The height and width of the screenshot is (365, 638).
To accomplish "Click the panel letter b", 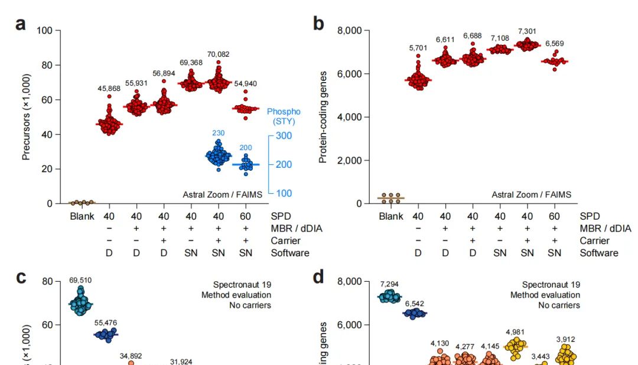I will click(318, 24).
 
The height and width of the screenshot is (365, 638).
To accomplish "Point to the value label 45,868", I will click(109, 89).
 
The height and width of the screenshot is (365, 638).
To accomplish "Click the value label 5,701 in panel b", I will click(418, 48).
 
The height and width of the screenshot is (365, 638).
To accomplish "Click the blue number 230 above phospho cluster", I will click(218, 133).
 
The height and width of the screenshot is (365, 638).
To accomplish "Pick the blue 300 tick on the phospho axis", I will click(284, 136).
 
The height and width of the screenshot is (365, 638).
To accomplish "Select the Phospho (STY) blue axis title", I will click(284, 116).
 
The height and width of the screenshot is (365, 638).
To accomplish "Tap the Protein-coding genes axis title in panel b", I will click(323, 117).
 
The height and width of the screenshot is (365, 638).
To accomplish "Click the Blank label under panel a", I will click(82, 216).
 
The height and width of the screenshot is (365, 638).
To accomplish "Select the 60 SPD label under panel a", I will click(245, 216).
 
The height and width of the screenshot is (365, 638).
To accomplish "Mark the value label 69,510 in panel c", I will click(80, 280).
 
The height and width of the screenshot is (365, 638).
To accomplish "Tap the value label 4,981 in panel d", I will click(515, 333).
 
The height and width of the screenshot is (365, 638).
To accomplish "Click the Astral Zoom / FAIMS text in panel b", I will click(531, 194).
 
